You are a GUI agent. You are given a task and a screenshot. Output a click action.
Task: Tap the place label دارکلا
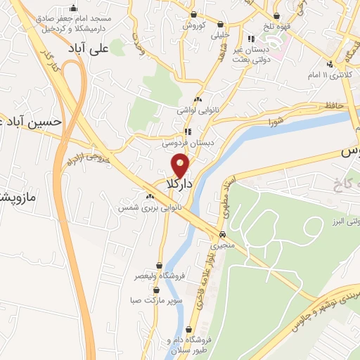(180, 184)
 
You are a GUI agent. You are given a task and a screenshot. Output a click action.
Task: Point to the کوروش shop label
(193, 25)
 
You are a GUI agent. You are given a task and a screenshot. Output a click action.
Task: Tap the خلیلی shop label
(221, 34)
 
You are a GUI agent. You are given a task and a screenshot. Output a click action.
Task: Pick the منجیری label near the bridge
(222, 247)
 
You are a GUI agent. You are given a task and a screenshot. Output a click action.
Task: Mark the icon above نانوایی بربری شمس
(150, 196)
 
